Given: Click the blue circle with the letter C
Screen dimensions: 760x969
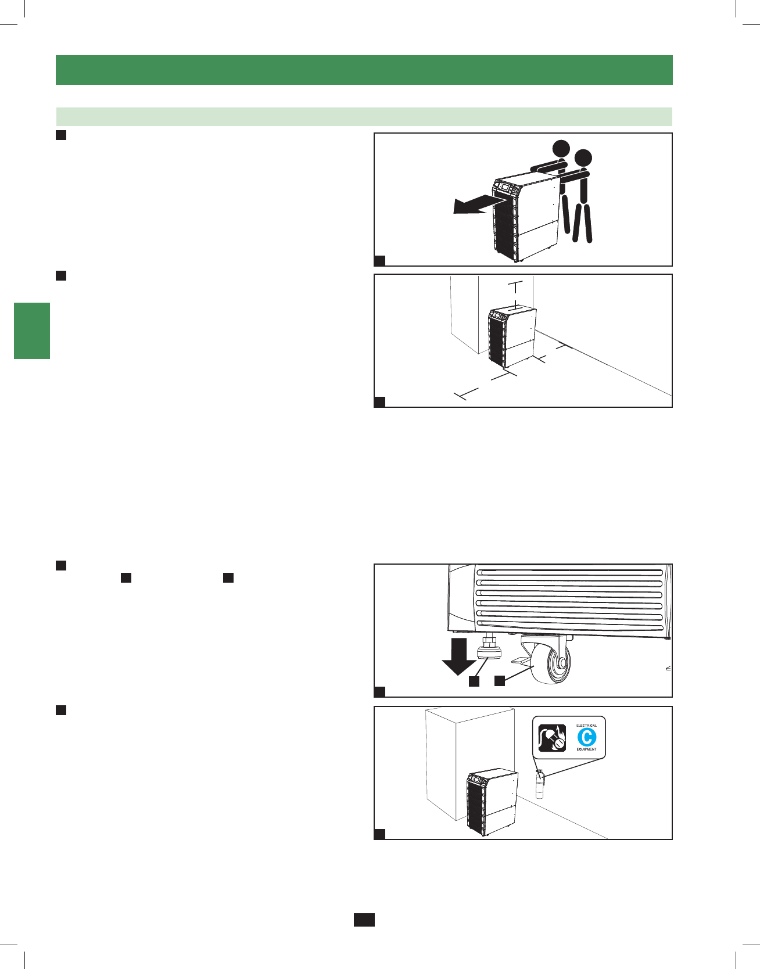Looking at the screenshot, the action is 586,737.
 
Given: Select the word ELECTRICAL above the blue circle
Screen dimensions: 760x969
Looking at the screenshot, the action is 586,726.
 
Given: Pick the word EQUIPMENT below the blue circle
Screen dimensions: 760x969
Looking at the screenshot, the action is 586,749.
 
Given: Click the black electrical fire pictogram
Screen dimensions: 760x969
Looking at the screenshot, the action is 552,738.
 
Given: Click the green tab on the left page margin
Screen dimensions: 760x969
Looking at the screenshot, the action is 32,331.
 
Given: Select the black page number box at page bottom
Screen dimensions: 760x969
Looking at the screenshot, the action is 364,920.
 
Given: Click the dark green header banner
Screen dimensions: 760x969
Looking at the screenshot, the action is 364,70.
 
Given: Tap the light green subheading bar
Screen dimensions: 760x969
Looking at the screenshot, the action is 364,117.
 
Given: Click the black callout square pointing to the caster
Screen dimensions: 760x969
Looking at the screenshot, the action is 500,681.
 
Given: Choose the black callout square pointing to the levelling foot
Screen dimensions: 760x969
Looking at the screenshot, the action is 474,681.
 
